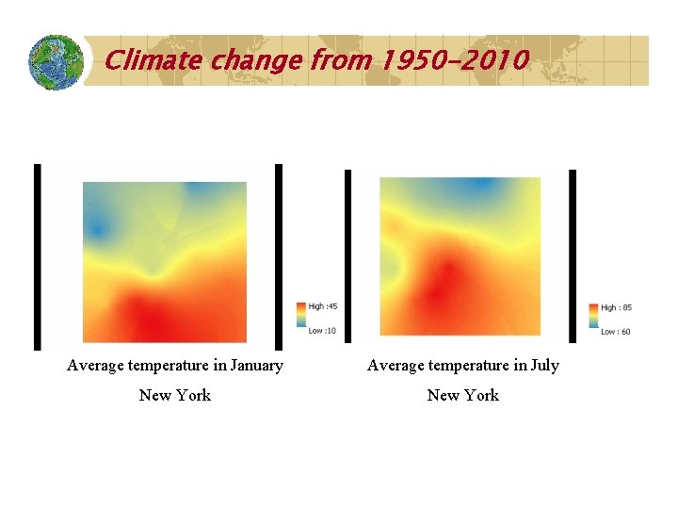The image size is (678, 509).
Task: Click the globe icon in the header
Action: pyautogui.click(x=56, y=62)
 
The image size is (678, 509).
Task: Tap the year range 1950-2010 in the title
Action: pyautogui.click(x=455, y=61)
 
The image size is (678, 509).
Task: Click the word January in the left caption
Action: pyautogui.click(x=251, y=366)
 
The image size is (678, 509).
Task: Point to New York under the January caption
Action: pyautogui.click(x=175, y=395)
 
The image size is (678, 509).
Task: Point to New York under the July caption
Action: pyautogui.click(x=462, y=395)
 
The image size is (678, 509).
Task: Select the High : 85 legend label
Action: pyautogui.click(x=616, y=307)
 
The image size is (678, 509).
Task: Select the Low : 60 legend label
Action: pyautogui.click(x=616, y=331)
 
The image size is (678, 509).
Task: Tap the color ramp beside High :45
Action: pyautogui.click(x=300, y=318)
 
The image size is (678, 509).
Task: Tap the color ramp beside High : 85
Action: pyautogui.click(x=593, y=319)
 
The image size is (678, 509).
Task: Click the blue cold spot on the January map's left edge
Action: pyautogui.click(x=95, y=226)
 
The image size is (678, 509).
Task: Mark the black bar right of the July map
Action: pyautogui.click(x=571, y=255)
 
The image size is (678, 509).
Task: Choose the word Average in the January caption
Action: pyautogui.click(x=94, y=366)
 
